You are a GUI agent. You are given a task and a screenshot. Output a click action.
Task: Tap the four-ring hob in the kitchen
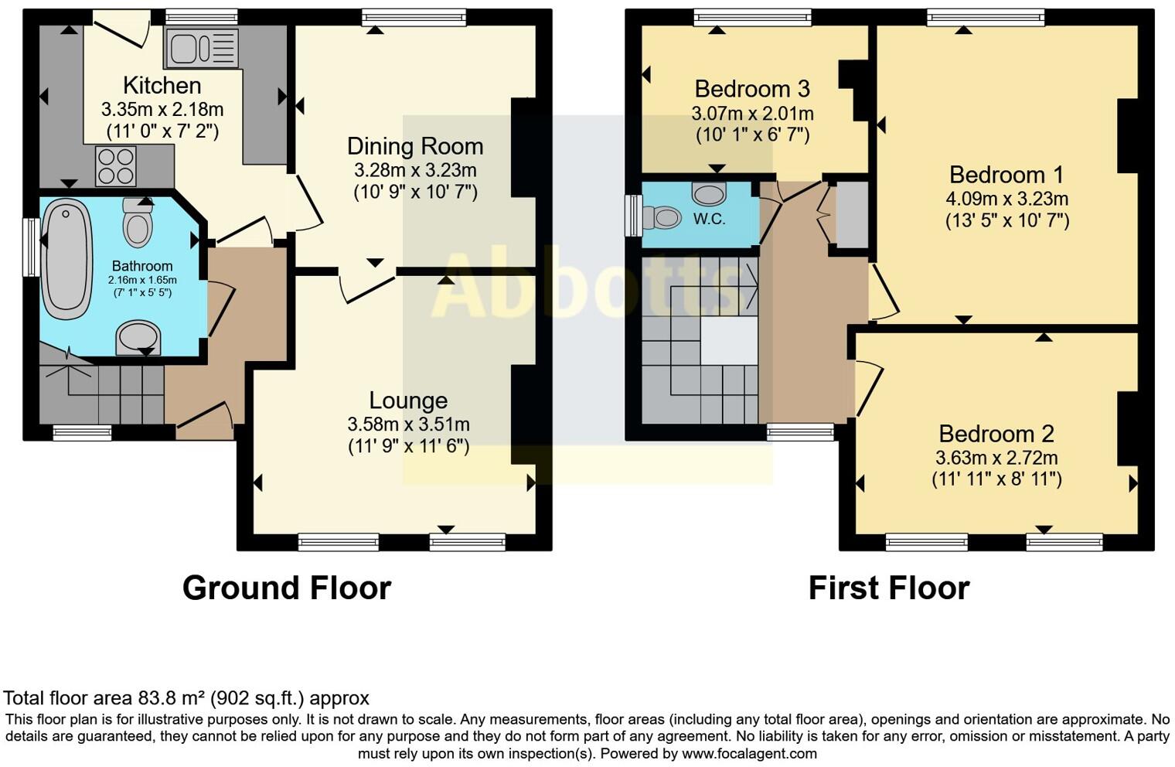(x=115, y=166)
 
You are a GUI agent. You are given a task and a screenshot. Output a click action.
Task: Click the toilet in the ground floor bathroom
(x=138, y=222)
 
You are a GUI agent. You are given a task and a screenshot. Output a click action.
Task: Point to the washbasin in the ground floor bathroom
(x=138, y=338)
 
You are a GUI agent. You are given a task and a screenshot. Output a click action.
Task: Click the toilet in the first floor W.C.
(x=662, y=217)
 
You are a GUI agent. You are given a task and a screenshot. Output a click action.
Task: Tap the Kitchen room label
(x=162, y=85)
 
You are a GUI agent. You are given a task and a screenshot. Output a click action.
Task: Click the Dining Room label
(x=415, y=146)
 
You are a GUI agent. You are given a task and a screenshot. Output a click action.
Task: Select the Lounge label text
(x=408, y=401)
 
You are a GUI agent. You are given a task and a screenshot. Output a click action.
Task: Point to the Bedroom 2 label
(x=996, y=433)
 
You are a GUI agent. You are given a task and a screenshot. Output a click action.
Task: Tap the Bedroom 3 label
(x=752, y=89)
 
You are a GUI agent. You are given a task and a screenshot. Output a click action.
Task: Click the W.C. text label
(x=709, y=219)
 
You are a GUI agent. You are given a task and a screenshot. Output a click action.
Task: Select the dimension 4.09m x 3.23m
(x=1006, y=199)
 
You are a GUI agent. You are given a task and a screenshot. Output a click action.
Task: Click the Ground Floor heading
(x=286, y=588)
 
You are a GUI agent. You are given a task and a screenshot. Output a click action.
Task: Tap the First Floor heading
(x=888, y=588)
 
